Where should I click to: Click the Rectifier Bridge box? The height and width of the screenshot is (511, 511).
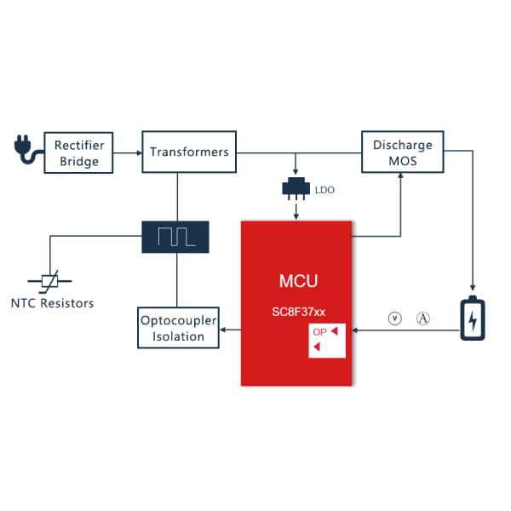[x=78, y=152]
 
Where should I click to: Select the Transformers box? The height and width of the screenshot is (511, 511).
[x=189, y=152]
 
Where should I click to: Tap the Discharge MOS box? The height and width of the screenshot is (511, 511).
[x=403, y=152]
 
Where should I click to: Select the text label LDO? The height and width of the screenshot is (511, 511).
[x=324, y=190]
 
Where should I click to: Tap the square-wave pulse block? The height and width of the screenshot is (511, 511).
[x=177, y=235]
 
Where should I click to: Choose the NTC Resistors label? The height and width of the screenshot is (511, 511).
[x=53, y=303]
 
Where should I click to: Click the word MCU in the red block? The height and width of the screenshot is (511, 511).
[x=298, y=281]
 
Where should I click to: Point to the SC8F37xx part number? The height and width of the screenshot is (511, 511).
[x=298, y=312]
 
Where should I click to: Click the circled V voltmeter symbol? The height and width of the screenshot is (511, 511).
[x=394, y=319]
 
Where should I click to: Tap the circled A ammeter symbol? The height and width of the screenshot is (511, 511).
[x=423, y=319]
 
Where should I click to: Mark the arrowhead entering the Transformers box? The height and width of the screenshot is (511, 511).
[x=137, y=152]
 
